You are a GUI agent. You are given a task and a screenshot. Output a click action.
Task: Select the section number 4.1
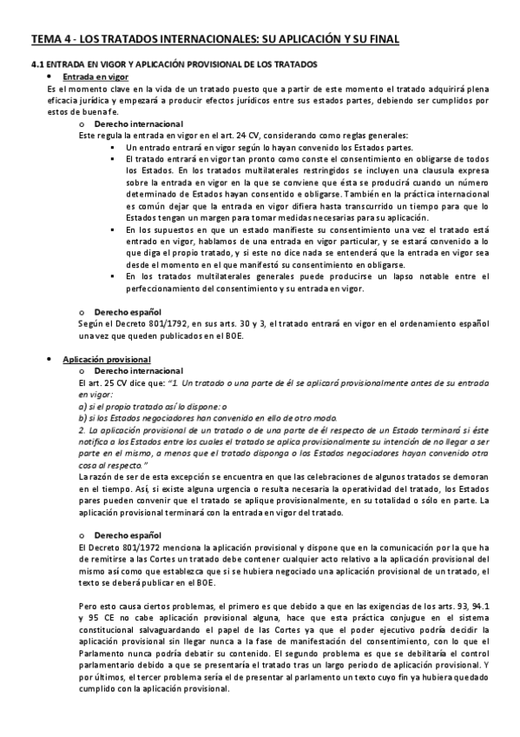38,65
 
